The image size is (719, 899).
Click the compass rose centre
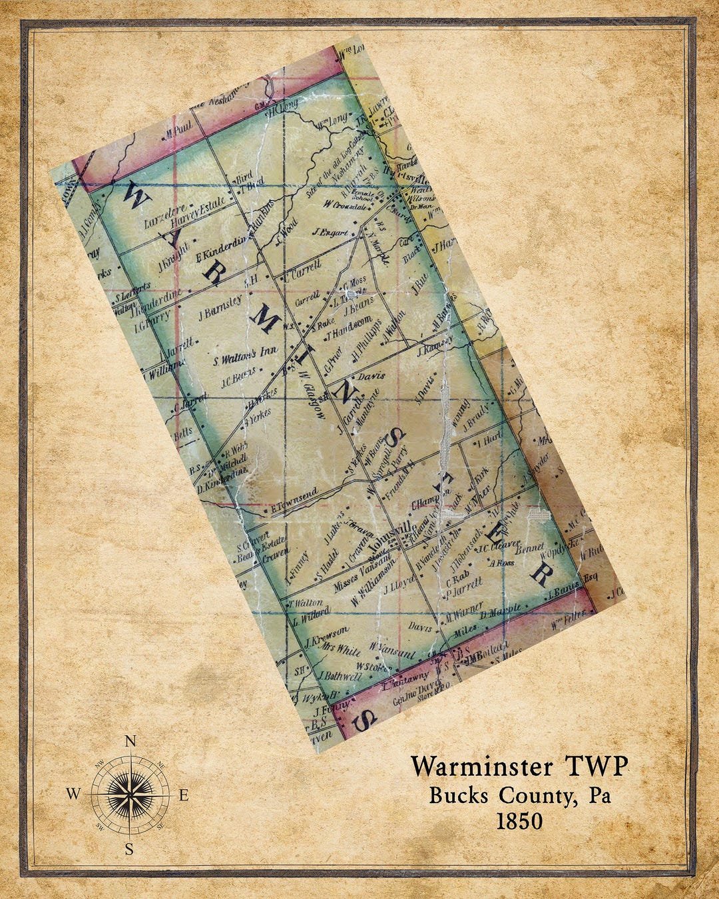(x=130, y=794)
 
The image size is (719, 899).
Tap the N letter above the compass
(x=131, y=741)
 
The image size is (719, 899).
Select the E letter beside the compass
(x=184, y=795)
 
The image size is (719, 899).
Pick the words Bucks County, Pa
(x=519, y=796)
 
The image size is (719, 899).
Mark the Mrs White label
(x=341, y=650)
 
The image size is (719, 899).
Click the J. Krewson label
(x=326, y=635)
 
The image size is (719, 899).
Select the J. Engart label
(x=331, y=232)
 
